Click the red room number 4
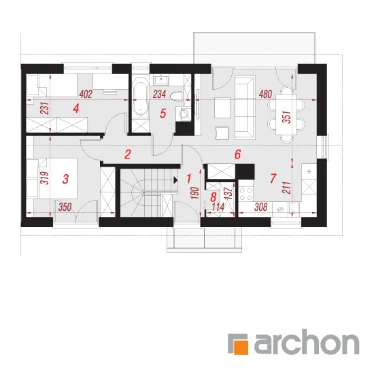coord(76,109)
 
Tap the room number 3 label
coord(65,179)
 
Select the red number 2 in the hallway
coord(128,154)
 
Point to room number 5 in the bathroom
coord(163,114)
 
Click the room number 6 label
coord(237,154)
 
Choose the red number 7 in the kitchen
coord(273,178)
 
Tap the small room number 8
coord(214,197)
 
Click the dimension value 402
coord(86,95)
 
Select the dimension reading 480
coord(265,95)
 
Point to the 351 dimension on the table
coord(287,117)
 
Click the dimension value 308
coord(261,207)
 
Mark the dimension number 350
coord(65,207)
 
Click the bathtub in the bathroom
coord(140,99)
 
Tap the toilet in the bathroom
coord(177,96)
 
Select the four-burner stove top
coord(246,194)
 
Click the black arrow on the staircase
coord(176,180)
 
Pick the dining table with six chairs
coord(286,114)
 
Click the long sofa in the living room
coord(245,107)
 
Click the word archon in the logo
coord(307,342)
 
